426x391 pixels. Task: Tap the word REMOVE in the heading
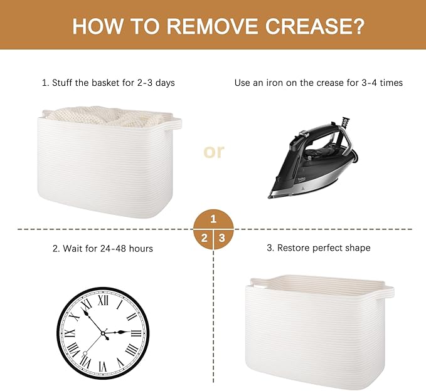pos(212,26)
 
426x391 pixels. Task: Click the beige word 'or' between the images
pos(214,152)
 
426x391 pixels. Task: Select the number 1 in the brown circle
pos(213,219)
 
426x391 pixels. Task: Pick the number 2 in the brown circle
pos(205,238)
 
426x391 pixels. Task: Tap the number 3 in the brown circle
pos(222,238)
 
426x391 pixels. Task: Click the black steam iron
pos(313,157)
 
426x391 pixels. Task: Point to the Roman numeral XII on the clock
pos(103,301)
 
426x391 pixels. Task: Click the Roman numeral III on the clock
pos(136,333)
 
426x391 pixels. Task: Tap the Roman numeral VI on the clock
pos(103,367)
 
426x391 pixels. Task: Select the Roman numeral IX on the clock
pos(70,333)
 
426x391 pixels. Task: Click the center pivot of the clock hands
pos(104,333)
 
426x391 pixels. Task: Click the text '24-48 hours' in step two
pos(126,249)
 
